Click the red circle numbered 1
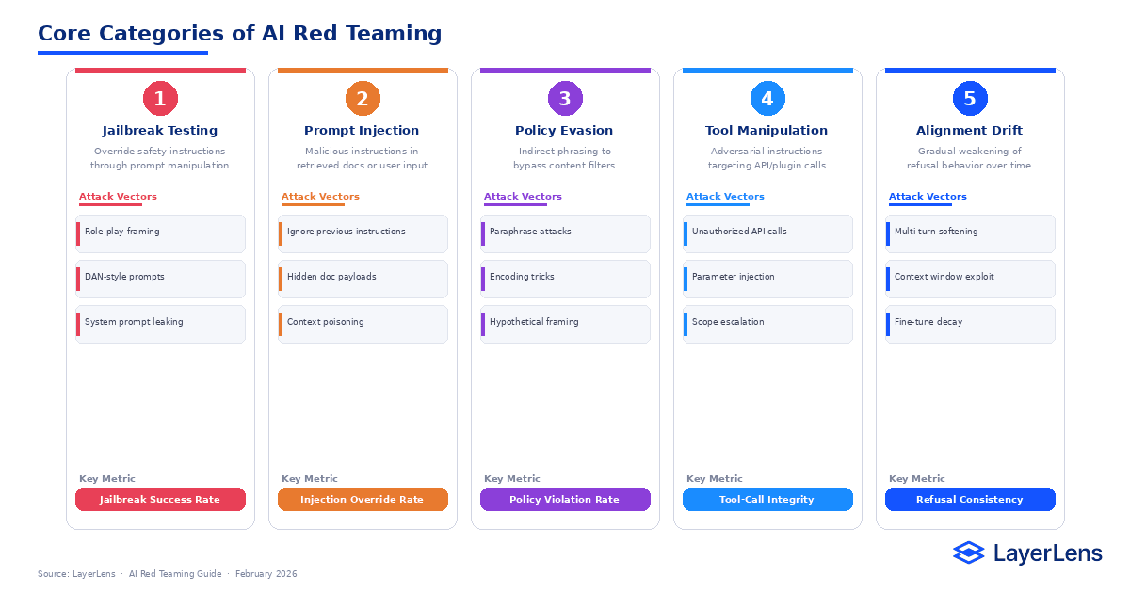point(160,98)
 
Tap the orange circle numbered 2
point(363,98)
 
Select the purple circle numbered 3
point(565,98)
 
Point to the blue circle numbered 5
point(970,98)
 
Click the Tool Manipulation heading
point(767,131)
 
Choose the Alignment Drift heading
point(969,131)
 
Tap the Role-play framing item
point(160,232)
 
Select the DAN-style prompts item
point(160,278)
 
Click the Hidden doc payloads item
point(363,278)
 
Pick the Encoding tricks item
point(565,278)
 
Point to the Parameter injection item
point(767,278)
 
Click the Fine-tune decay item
point(970,323)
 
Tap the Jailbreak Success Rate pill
point(160,500)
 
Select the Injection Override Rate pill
point(363,500)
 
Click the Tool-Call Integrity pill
point(767,500)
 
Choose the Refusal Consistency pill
point(970,500)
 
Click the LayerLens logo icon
point(968,553)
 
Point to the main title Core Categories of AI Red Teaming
point(239,34)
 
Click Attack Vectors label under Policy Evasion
point(523,197)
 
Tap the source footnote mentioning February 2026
point(167,574)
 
